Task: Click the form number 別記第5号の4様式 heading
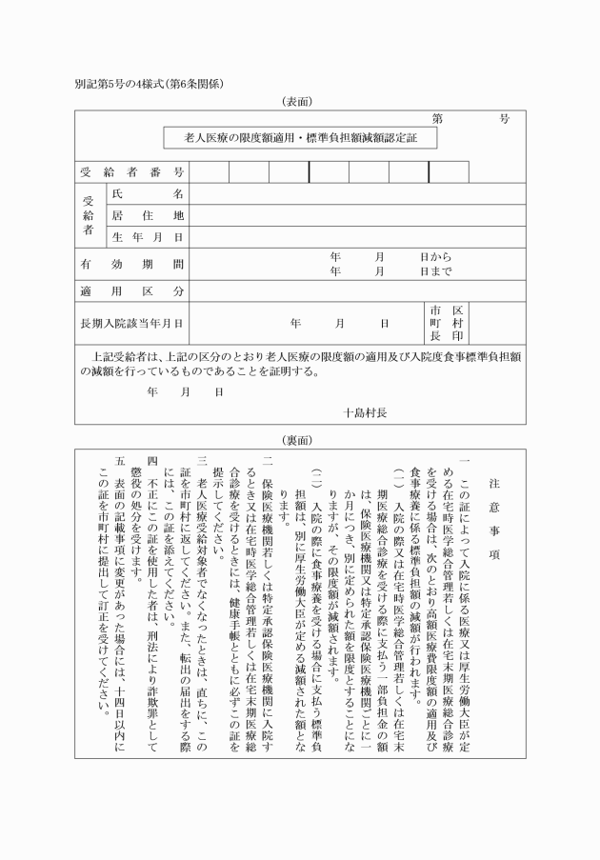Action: [x=149, y=84]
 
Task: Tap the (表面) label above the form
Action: [x=298, y=101]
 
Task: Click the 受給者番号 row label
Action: [x=131, y=172]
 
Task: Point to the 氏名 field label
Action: [x=148, y=193]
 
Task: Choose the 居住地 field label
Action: [x=148, y=215]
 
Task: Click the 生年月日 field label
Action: [x=148, y=237]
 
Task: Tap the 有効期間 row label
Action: [x=131, y=264]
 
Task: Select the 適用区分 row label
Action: [x=131, y=290]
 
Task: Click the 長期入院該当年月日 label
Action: [x=131, y=324]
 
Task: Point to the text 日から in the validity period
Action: [x=435, y=257]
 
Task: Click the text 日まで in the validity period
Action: [x=435, y=271]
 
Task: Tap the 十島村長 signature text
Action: [x=366, y=412]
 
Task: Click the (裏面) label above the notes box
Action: [x=298, y=441]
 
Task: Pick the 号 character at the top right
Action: [x=504, y=119]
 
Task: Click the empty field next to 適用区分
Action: [x=357, y=290]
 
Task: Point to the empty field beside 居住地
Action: [x=357, y=215]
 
